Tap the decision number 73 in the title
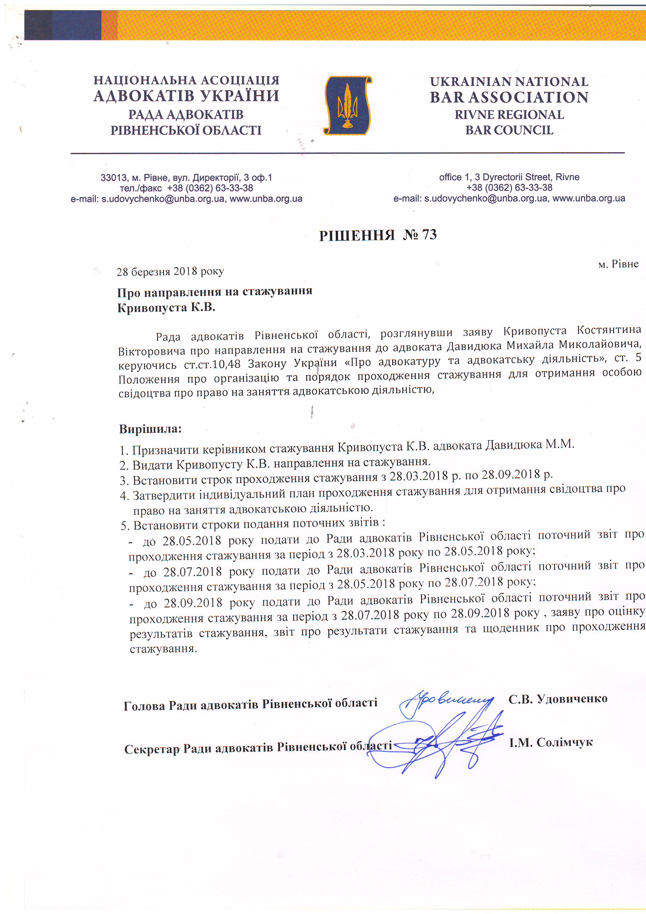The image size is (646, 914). click(429, 234)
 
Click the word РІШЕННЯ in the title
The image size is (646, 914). click(357, 236)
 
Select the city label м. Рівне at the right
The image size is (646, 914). click(618, 264)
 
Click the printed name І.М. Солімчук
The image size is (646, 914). click(551, 742)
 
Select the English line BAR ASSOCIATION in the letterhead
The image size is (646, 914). click(509, 97)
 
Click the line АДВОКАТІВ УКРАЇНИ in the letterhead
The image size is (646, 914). click(186, 96)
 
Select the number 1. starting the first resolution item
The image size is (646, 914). click(124, 451)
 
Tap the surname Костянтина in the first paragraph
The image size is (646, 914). click(609, 330)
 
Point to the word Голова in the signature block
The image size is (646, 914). click(144, 706)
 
